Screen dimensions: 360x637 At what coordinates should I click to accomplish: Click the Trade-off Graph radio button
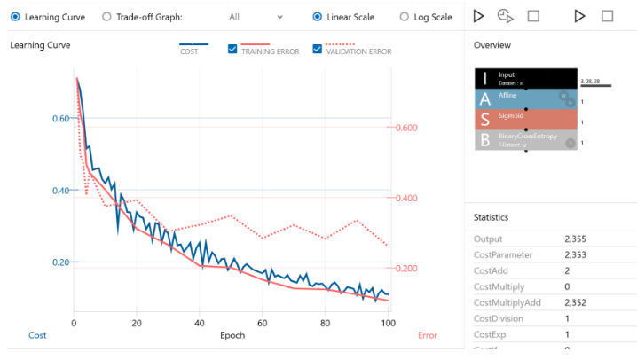tap(107, 17)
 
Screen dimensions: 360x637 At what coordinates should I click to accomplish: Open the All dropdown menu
tap(256, 17)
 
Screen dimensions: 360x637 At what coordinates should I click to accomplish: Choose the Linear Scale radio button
tap(318, 17)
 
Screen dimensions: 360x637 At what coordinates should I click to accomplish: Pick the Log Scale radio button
tap(405, 17)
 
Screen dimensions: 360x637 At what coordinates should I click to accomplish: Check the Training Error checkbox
tap(232, 51)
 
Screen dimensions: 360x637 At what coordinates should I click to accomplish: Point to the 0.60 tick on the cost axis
tap(60, 119)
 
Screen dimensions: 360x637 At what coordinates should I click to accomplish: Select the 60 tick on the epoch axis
tap(263, 323)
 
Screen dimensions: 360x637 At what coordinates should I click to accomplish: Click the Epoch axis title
tap(232, 336)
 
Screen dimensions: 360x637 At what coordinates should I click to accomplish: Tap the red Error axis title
tap(428, 336)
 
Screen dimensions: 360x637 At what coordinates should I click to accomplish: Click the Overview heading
tap(492, 45)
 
